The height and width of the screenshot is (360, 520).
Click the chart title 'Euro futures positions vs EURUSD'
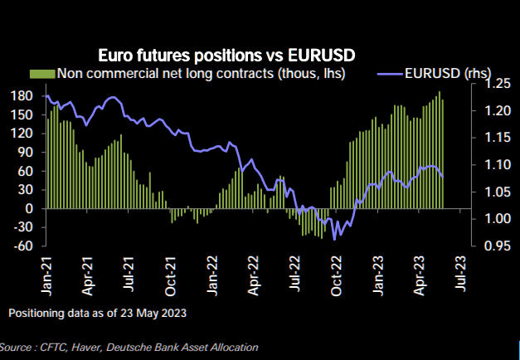click(226, 56)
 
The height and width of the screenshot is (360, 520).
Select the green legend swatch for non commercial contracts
click(42, 75)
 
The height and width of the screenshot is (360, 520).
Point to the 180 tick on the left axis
click(22, 95)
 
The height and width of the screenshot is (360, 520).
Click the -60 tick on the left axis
click(22, 246)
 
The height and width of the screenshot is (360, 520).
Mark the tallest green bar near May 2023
click(440, 93)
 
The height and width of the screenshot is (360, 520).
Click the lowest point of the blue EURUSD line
click(335, 240)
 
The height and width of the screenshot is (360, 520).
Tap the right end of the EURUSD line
click(443, 177)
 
